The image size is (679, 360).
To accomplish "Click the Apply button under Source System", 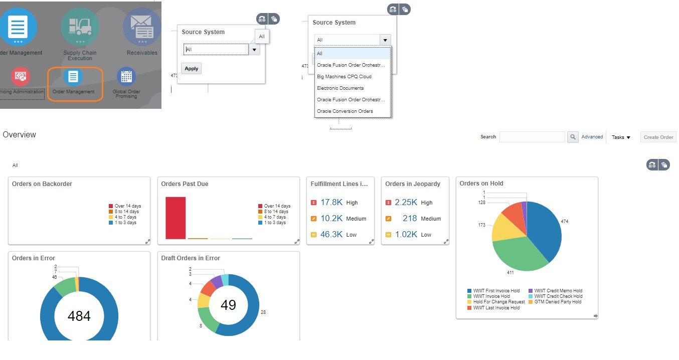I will [191, 69].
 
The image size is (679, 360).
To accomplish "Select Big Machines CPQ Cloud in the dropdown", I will [344, 77].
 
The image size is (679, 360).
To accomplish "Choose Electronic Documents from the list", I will [340, 88].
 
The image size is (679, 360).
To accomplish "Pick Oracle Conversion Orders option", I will [345, 111].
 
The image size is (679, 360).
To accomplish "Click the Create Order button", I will [658, 137].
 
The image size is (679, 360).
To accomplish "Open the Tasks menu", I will [621, 137].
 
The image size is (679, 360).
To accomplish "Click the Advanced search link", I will [592, 137].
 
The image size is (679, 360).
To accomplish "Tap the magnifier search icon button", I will [573, 137].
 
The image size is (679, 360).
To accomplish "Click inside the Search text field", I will [532, 137].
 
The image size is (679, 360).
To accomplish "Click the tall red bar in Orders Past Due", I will [176, 218].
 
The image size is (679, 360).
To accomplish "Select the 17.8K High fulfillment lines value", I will [331, 203].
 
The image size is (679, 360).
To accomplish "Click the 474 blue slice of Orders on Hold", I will [544, 226].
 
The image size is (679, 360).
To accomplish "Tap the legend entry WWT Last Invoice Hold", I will [496, 308].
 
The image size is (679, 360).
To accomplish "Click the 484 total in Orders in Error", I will [79, 316].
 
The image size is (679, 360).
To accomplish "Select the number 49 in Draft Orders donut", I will [228, 305].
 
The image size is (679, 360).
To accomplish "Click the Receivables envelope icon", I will [142, 27].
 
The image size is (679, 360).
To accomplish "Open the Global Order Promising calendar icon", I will [126, 77].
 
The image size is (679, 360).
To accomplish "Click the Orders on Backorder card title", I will [42, 184].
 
